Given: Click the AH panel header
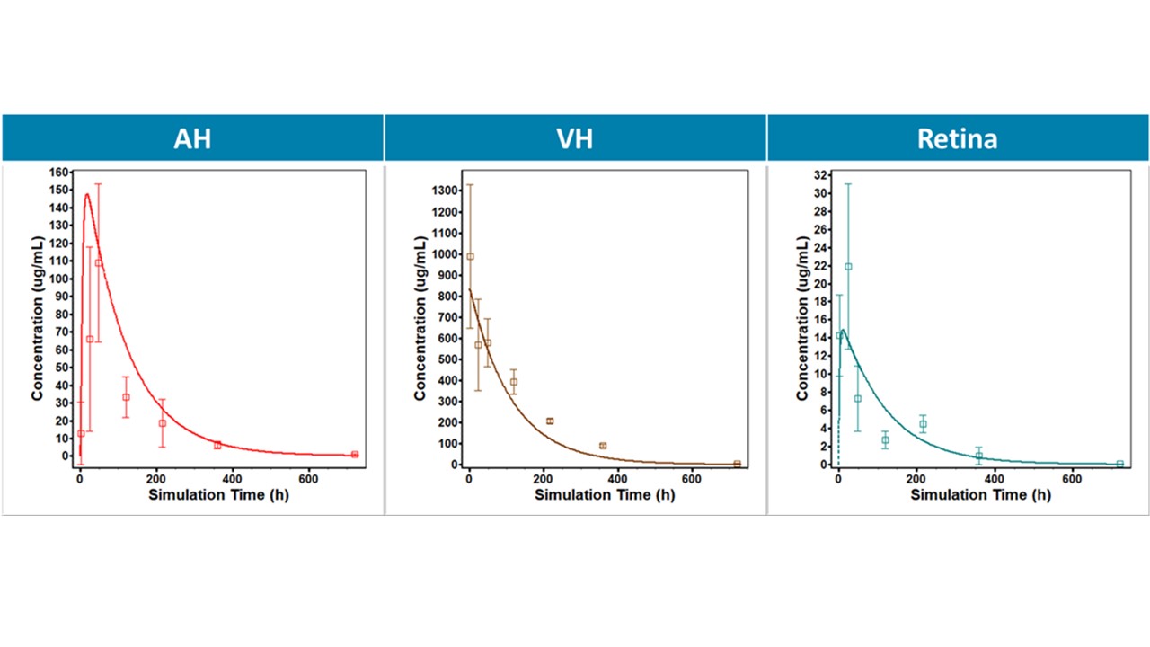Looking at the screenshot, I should (x=192, y=138).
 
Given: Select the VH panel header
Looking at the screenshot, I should (x=575, y=138).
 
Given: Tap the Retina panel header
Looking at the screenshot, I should (x=957, y=138).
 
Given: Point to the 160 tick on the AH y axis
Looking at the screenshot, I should (x=61, y=172).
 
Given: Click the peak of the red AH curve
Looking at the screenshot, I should (x=87, y=194).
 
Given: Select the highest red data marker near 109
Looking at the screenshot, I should (x=98, y=262).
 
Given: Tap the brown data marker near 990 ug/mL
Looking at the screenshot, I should (x=470, y=256).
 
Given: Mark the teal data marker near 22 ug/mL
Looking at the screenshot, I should (x=848, y=266).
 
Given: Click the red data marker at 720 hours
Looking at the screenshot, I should (x=355, y=455).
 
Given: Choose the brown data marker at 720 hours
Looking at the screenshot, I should (x=737, y=464).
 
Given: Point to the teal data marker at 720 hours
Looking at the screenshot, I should (x=1119, y=464).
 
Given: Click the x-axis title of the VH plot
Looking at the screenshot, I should (x=605, y=495).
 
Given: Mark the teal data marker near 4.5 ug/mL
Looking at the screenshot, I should (x=923, y=424).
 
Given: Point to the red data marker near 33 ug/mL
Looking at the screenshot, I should (x=126, y=397).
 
